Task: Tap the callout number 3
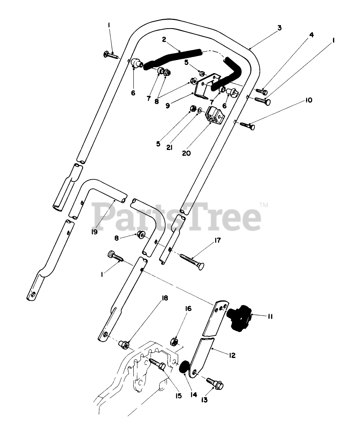point(279,28)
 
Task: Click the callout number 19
point(94,232)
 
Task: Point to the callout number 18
point(164,298)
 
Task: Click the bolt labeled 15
point(157,363)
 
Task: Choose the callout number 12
point(232,356)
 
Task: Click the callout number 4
point(311,35)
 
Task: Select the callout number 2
point(164,40)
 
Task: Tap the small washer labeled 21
point(199,111)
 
